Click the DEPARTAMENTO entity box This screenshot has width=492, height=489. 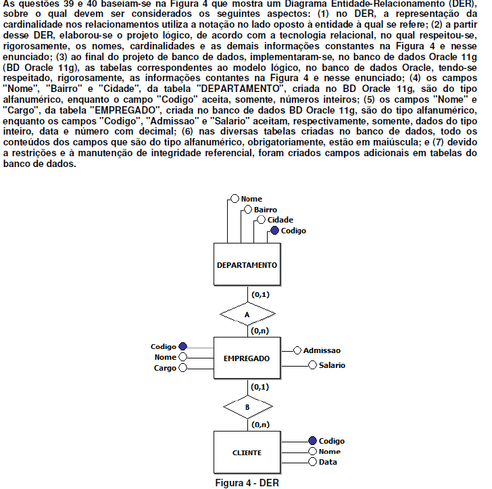pos(247,265)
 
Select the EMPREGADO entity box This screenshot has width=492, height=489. pos(247,358)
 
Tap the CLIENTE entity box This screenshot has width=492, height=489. pos(247,452)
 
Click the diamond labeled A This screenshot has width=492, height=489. pos(247,315)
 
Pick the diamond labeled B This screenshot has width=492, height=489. pos(247,407)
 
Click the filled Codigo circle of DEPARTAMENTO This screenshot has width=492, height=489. pos(274,231)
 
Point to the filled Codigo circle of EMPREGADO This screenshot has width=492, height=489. pos(182,347)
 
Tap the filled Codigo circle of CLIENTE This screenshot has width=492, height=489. pos(312,441)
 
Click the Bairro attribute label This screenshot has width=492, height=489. pos(266,210)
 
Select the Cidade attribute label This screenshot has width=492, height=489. pos(280,220)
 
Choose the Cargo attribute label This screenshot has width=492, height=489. pos(165,368)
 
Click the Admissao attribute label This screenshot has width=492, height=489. pos(322,350)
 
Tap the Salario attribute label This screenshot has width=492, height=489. pos(332,365)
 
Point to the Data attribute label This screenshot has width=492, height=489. pos(328,462)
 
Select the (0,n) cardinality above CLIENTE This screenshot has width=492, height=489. pos(260,425)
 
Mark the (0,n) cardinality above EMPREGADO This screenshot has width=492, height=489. pos(260,331)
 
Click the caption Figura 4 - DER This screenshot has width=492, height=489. pos(247,483)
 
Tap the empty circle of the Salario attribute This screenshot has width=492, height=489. pos(312,365)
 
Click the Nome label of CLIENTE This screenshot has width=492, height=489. pos(329,451)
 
